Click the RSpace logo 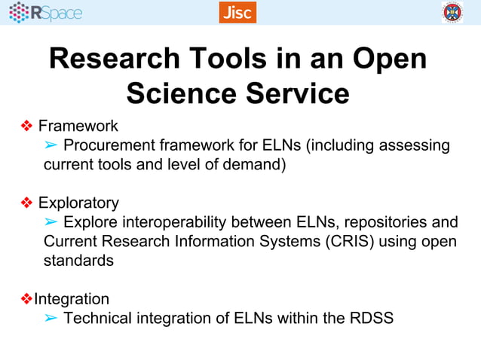point(46,12)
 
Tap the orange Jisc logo point(237,12)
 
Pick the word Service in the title point(299,93)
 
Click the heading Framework point(78,125)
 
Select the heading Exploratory point(78,203)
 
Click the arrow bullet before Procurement point(51,145)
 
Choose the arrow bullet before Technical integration point(51,318)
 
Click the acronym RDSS point(372,318)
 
